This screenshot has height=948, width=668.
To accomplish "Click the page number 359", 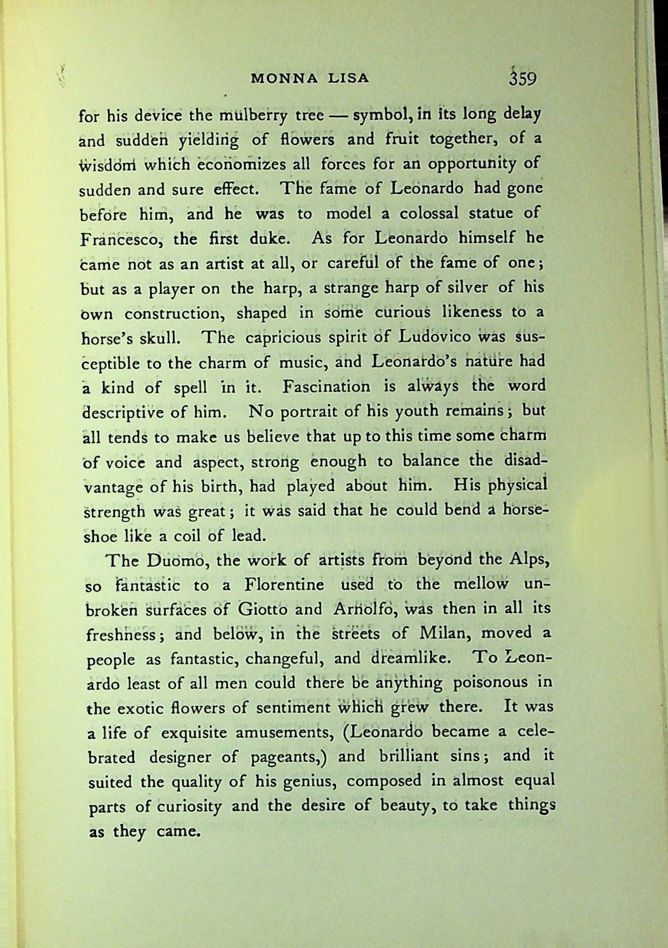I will click(522, 78).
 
